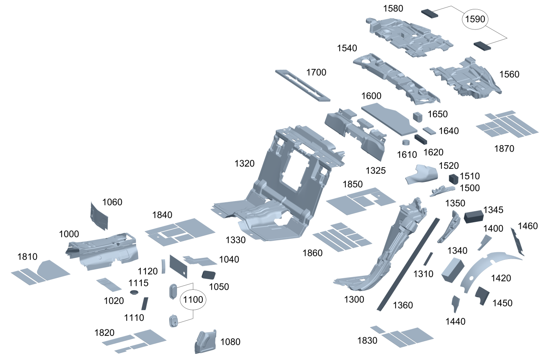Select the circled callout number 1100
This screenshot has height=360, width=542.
(x=193, y=300)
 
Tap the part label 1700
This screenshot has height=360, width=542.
(x=316, y=73)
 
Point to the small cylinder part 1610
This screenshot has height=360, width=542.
(x=406, y=143)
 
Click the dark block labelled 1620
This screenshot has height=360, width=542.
(x=421, y=139)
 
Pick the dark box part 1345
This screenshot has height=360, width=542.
(x=473, y=216)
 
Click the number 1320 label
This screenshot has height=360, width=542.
(x=244, y=164)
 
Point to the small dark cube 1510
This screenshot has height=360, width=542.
(x=453, y=179)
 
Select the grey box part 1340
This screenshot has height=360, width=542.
(x=452, y=270)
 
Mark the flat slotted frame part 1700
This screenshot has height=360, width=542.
(x=302, y=85)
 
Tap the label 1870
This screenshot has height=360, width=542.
(x=504, y=149)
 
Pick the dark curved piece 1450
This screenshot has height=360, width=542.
(x=482, y=295)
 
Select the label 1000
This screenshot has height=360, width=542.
(x=69, y=234)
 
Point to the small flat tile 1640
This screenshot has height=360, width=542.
(x=430, y=131)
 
